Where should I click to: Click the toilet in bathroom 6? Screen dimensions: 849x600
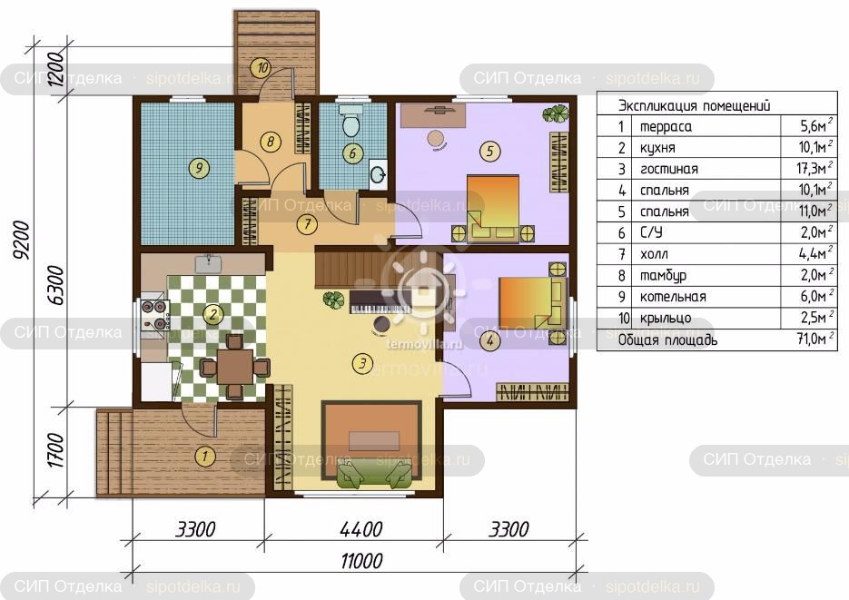coord(350,123)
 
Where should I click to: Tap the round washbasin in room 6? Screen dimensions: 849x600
coord(378,173)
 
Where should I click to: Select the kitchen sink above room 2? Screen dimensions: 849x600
coord(208,263)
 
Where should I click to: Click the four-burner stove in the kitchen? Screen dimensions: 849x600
coord(154,315)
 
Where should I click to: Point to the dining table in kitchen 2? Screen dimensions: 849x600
coord(234,367)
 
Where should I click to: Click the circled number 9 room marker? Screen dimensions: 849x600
coord(199,168)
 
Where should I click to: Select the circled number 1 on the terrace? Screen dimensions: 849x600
coord(204,456)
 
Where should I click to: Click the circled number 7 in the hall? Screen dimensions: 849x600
coord(307,224)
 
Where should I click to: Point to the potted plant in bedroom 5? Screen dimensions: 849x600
coord(556,113)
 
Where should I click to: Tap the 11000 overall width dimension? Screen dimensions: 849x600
coord(361,561)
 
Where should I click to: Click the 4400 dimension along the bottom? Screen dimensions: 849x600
coord(361,529)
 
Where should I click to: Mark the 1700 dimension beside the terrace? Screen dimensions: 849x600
coord(56,450)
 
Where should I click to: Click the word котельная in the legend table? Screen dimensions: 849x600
coord(673,297)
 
